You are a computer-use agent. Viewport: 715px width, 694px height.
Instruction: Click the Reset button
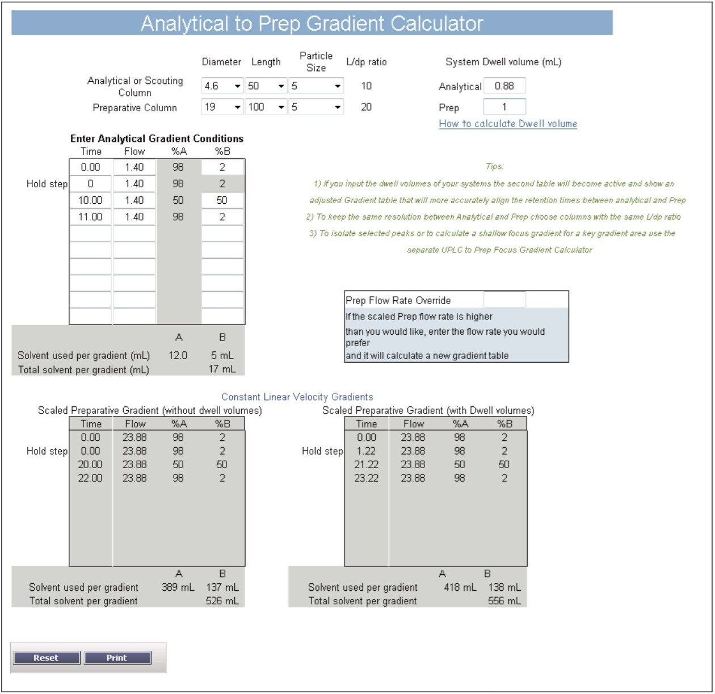click(x=46, y=658)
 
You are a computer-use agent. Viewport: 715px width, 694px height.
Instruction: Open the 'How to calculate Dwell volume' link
click(x=508, y=124)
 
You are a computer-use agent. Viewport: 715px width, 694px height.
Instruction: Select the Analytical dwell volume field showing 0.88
click(x=504, y=86)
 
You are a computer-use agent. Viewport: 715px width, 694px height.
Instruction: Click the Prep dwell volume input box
click(x=504, y=107)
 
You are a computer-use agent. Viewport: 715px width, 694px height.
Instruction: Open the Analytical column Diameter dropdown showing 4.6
click(x=222, y=86)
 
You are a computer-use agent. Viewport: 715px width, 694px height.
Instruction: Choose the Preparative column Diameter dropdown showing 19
click(x=222, y=107)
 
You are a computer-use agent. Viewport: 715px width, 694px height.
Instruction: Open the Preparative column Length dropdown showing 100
click(x=266, y=107)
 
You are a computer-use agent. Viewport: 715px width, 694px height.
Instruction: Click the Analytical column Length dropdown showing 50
click(x=266, y=86)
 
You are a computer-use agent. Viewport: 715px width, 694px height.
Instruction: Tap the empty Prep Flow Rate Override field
click(x=504, y=300)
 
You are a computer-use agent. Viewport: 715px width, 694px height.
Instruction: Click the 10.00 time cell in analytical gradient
click(x=90, y=200)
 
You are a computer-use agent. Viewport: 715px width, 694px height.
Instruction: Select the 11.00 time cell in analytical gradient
click(x=90, y=217)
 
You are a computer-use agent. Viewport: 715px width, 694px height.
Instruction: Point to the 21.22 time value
click(x=367, y=465)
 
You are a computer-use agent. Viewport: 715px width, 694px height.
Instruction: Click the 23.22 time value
click(x=367, y=478)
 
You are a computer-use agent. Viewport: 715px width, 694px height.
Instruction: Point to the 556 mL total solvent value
click(x=504, y=601)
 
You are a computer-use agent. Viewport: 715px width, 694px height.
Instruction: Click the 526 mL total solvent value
click(x=222, y=601)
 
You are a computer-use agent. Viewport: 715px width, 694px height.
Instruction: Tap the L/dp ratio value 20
click(x=367, y=107)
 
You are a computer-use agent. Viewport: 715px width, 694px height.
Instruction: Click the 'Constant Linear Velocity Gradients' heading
click(x=297, y=397)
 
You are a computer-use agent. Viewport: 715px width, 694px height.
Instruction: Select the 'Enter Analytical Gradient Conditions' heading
click(x=157, y=138)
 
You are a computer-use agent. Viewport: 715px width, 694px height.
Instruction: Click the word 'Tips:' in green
click(x=494, y=166)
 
